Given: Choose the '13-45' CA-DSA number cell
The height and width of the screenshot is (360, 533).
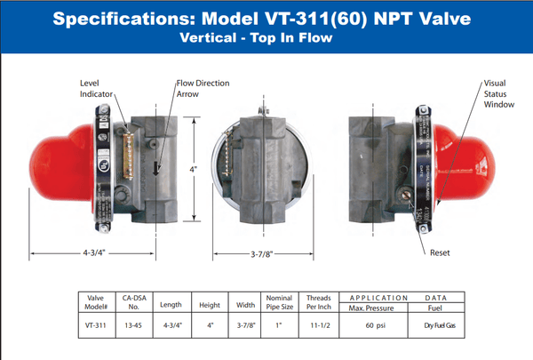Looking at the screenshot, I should click(x=132, y=325).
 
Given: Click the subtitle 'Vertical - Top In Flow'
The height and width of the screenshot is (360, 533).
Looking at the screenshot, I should click(x=266, y=38).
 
